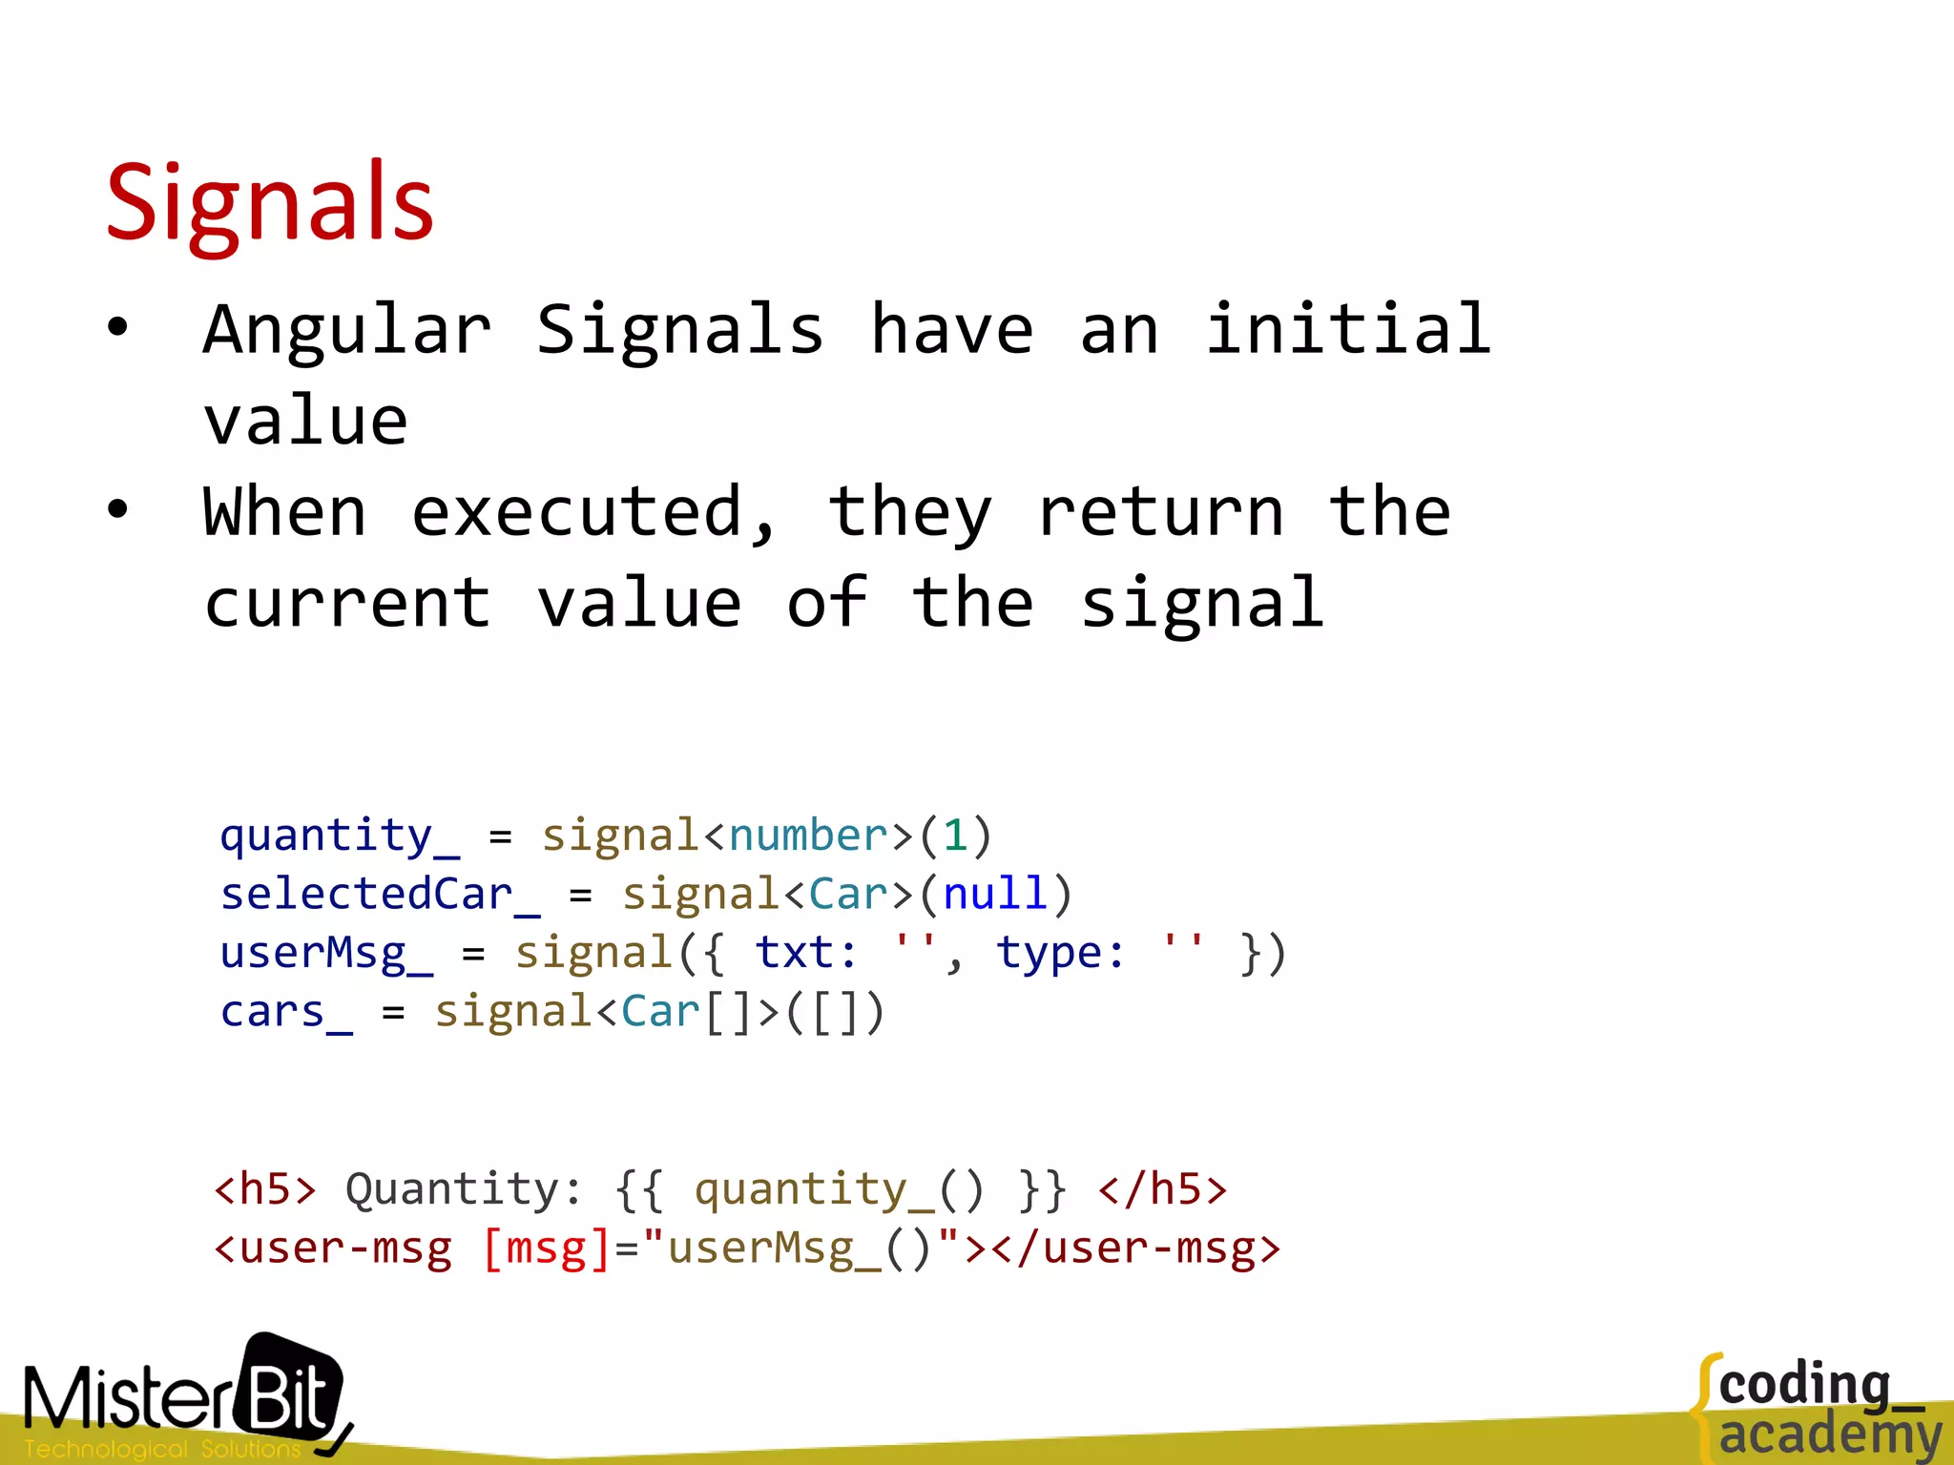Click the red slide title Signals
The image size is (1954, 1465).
(x=270, y=202)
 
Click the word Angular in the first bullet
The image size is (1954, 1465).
(x=347, y=330)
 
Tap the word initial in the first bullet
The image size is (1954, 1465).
(x=1347, y=330)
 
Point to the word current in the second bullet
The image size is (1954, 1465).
(x=347, y=604)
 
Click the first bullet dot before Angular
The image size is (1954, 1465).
(x=117, y=328)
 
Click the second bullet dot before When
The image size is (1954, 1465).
(x=117, y=509)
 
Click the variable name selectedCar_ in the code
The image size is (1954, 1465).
(x=380, y=895)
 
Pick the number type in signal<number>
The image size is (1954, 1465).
(x=808, y=836)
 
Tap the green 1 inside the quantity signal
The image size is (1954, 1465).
(x=955, y=836)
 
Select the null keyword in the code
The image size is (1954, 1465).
(x=995, y=895)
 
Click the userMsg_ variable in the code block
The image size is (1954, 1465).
(x=326, y=954)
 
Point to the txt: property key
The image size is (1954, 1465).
(x=805, y=954)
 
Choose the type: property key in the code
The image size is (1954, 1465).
(x=1060, y=954)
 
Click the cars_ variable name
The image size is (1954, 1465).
(x=286, y=1012)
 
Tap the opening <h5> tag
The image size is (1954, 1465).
(x=264, y=1189)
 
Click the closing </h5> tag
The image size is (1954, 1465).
(x=1162, y=1189)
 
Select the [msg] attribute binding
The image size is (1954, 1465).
(x=546, y=1248)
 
